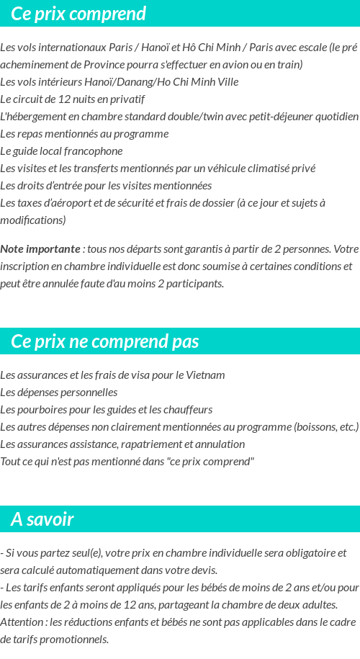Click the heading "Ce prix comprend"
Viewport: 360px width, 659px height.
[78, 14]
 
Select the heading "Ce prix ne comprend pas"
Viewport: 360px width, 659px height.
[105, 341]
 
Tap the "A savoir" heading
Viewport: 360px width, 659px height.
[42, 519]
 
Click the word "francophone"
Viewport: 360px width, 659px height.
[92, 151]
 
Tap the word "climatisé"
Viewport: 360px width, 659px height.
[270, 169]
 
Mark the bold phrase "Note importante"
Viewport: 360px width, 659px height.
[40, 249]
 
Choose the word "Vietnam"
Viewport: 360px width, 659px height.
[206, 375]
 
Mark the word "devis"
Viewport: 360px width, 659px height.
[202, 570]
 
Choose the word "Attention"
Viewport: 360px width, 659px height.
[22, 622]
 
